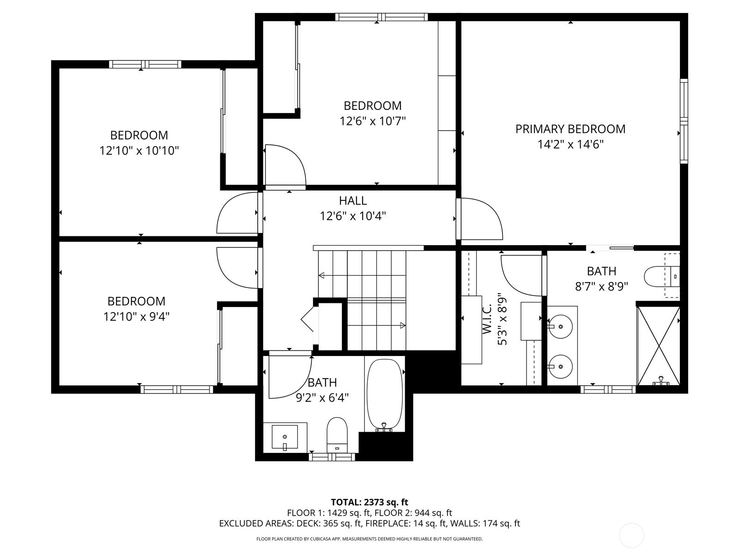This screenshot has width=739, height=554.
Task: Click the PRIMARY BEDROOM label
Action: click(570, 129)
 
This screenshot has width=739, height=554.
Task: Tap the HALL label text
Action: click(353, 200)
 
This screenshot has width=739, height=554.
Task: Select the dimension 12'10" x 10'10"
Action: click(139, 151)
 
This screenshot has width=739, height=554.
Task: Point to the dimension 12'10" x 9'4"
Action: click(136, 317)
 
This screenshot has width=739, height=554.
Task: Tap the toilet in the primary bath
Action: click(661, 277)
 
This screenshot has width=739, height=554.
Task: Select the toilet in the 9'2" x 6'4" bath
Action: click(337, 435)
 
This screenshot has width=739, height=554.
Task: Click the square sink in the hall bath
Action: click(285, 437)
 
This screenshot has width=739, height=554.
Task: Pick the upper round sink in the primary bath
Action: click(559, 326)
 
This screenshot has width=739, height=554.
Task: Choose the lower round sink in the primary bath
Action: click(559, 367)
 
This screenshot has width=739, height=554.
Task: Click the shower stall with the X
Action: click(659, 345)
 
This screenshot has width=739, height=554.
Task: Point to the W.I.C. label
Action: click(487, 319)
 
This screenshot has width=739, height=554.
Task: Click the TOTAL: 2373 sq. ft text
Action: click(369, 502)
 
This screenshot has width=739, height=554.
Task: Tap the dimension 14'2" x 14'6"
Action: click(570, 145)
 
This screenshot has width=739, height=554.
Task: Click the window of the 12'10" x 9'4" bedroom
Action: click(177, 390)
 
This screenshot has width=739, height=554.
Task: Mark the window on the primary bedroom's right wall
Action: click(684, 121)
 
